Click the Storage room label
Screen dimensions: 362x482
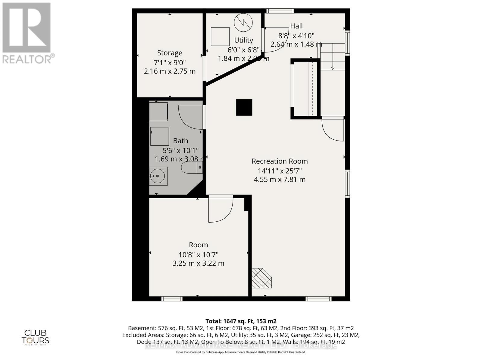(x=170, y=53)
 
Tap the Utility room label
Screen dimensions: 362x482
(x=243, y=40)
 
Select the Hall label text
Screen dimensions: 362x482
(x=296, y=26)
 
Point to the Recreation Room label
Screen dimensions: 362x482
(x=280, y=161)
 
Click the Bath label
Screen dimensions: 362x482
(x=180, y=141)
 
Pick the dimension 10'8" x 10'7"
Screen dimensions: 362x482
(x=198, y=255)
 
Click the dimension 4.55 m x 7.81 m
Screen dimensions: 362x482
(x=280, y=179)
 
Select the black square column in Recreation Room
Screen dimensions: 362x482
(x=244, y=107)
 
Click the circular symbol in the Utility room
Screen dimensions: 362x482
(x=243, y=22)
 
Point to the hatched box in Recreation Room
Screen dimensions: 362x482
(x=261, y=278)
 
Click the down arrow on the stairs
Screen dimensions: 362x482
(x=333, y=68)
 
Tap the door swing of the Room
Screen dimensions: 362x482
(x=221, y=210)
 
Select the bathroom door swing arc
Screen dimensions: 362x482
(x=190, y=117)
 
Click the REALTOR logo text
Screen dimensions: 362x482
(x=29, y=59)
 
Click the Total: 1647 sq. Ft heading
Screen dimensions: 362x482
(x=241, y=321)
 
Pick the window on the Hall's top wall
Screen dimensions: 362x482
(x=280, y=11)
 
